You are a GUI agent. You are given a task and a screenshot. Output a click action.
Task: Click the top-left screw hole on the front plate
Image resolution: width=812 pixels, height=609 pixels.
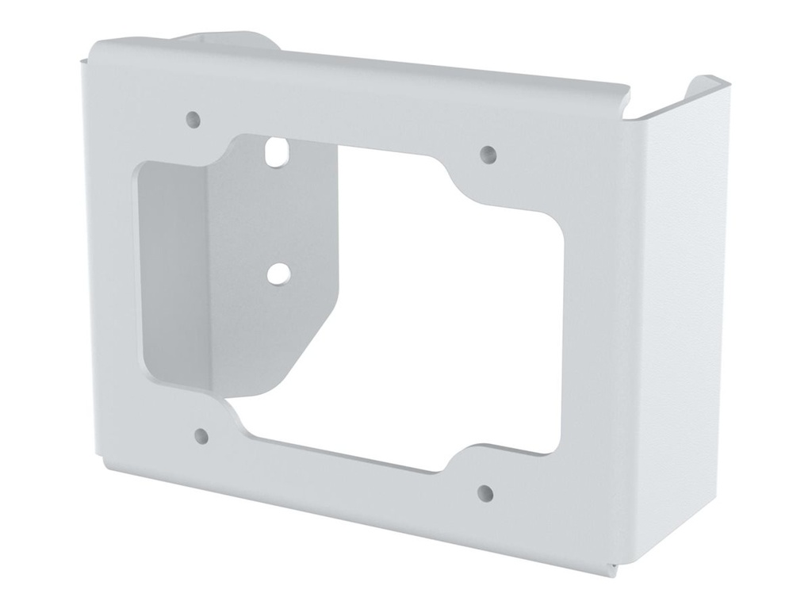click(x=193, y=120)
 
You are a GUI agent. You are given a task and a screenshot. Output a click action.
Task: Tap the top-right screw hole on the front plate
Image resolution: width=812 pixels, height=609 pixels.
click(x=488, y=152)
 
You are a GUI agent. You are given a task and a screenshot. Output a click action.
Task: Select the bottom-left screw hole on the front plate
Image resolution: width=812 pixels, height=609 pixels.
click(x=201, y=435)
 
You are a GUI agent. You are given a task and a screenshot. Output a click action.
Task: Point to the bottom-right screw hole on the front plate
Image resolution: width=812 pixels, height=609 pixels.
click(x=485, y=493)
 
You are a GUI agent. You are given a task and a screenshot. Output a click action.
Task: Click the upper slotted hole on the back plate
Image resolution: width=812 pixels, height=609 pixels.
click(x=276, y=151)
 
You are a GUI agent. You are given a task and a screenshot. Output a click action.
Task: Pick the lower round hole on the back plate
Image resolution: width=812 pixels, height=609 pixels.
click(x=277, y=274)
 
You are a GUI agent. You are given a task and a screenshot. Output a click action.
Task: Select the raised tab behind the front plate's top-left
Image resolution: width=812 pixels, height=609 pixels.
click(x=222, y=40)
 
